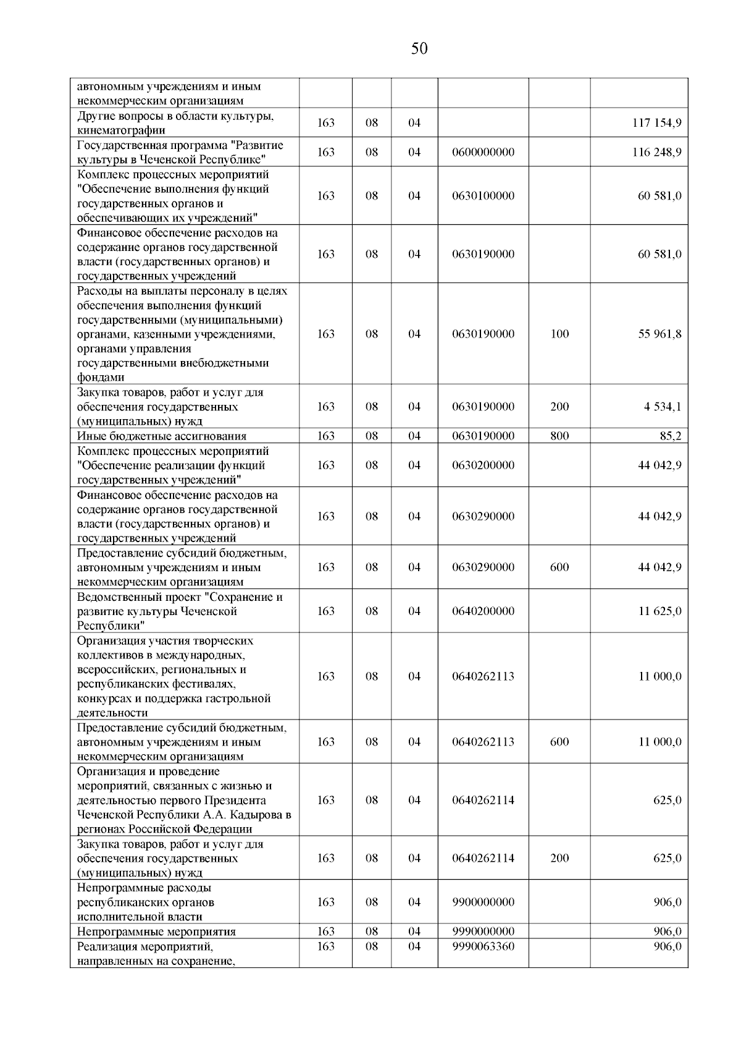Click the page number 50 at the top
point(419,49)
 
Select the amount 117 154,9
point(656,123)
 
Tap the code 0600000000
point(483,152)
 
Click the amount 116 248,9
point(656,152)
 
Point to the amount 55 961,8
point(659,334)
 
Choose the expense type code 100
point(559,334)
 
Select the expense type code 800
point(559,436)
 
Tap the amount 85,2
point(670,436)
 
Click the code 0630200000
point(483,465)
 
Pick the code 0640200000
point(483,611)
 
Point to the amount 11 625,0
point(659,611)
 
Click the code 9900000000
point(483,902)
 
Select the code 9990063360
point(483,946)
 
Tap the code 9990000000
point(483,931)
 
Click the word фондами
point(101,378)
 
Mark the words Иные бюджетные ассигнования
point(162,436)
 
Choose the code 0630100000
point(483,196)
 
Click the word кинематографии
point(121,130)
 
